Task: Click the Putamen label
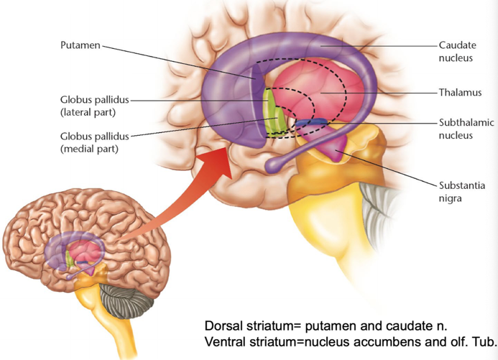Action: [80, 45]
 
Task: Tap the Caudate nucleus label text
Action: [457, 52]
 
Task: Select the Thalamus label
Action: [460, 93]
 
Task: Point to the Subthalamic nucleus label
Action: [466, 129]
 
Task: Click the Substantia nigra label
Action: [462, 192]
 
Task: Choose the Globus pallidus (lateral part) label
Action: [95, 106]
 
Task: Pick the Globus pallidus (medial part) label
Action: [95, 142]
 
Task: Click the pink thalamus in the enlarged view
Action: [321, 92]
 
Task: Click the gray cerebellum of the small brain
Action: [127, 300]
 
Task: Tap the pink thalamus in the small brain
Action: [83, 250]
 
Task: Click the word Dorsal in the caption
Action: [223, 326]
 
